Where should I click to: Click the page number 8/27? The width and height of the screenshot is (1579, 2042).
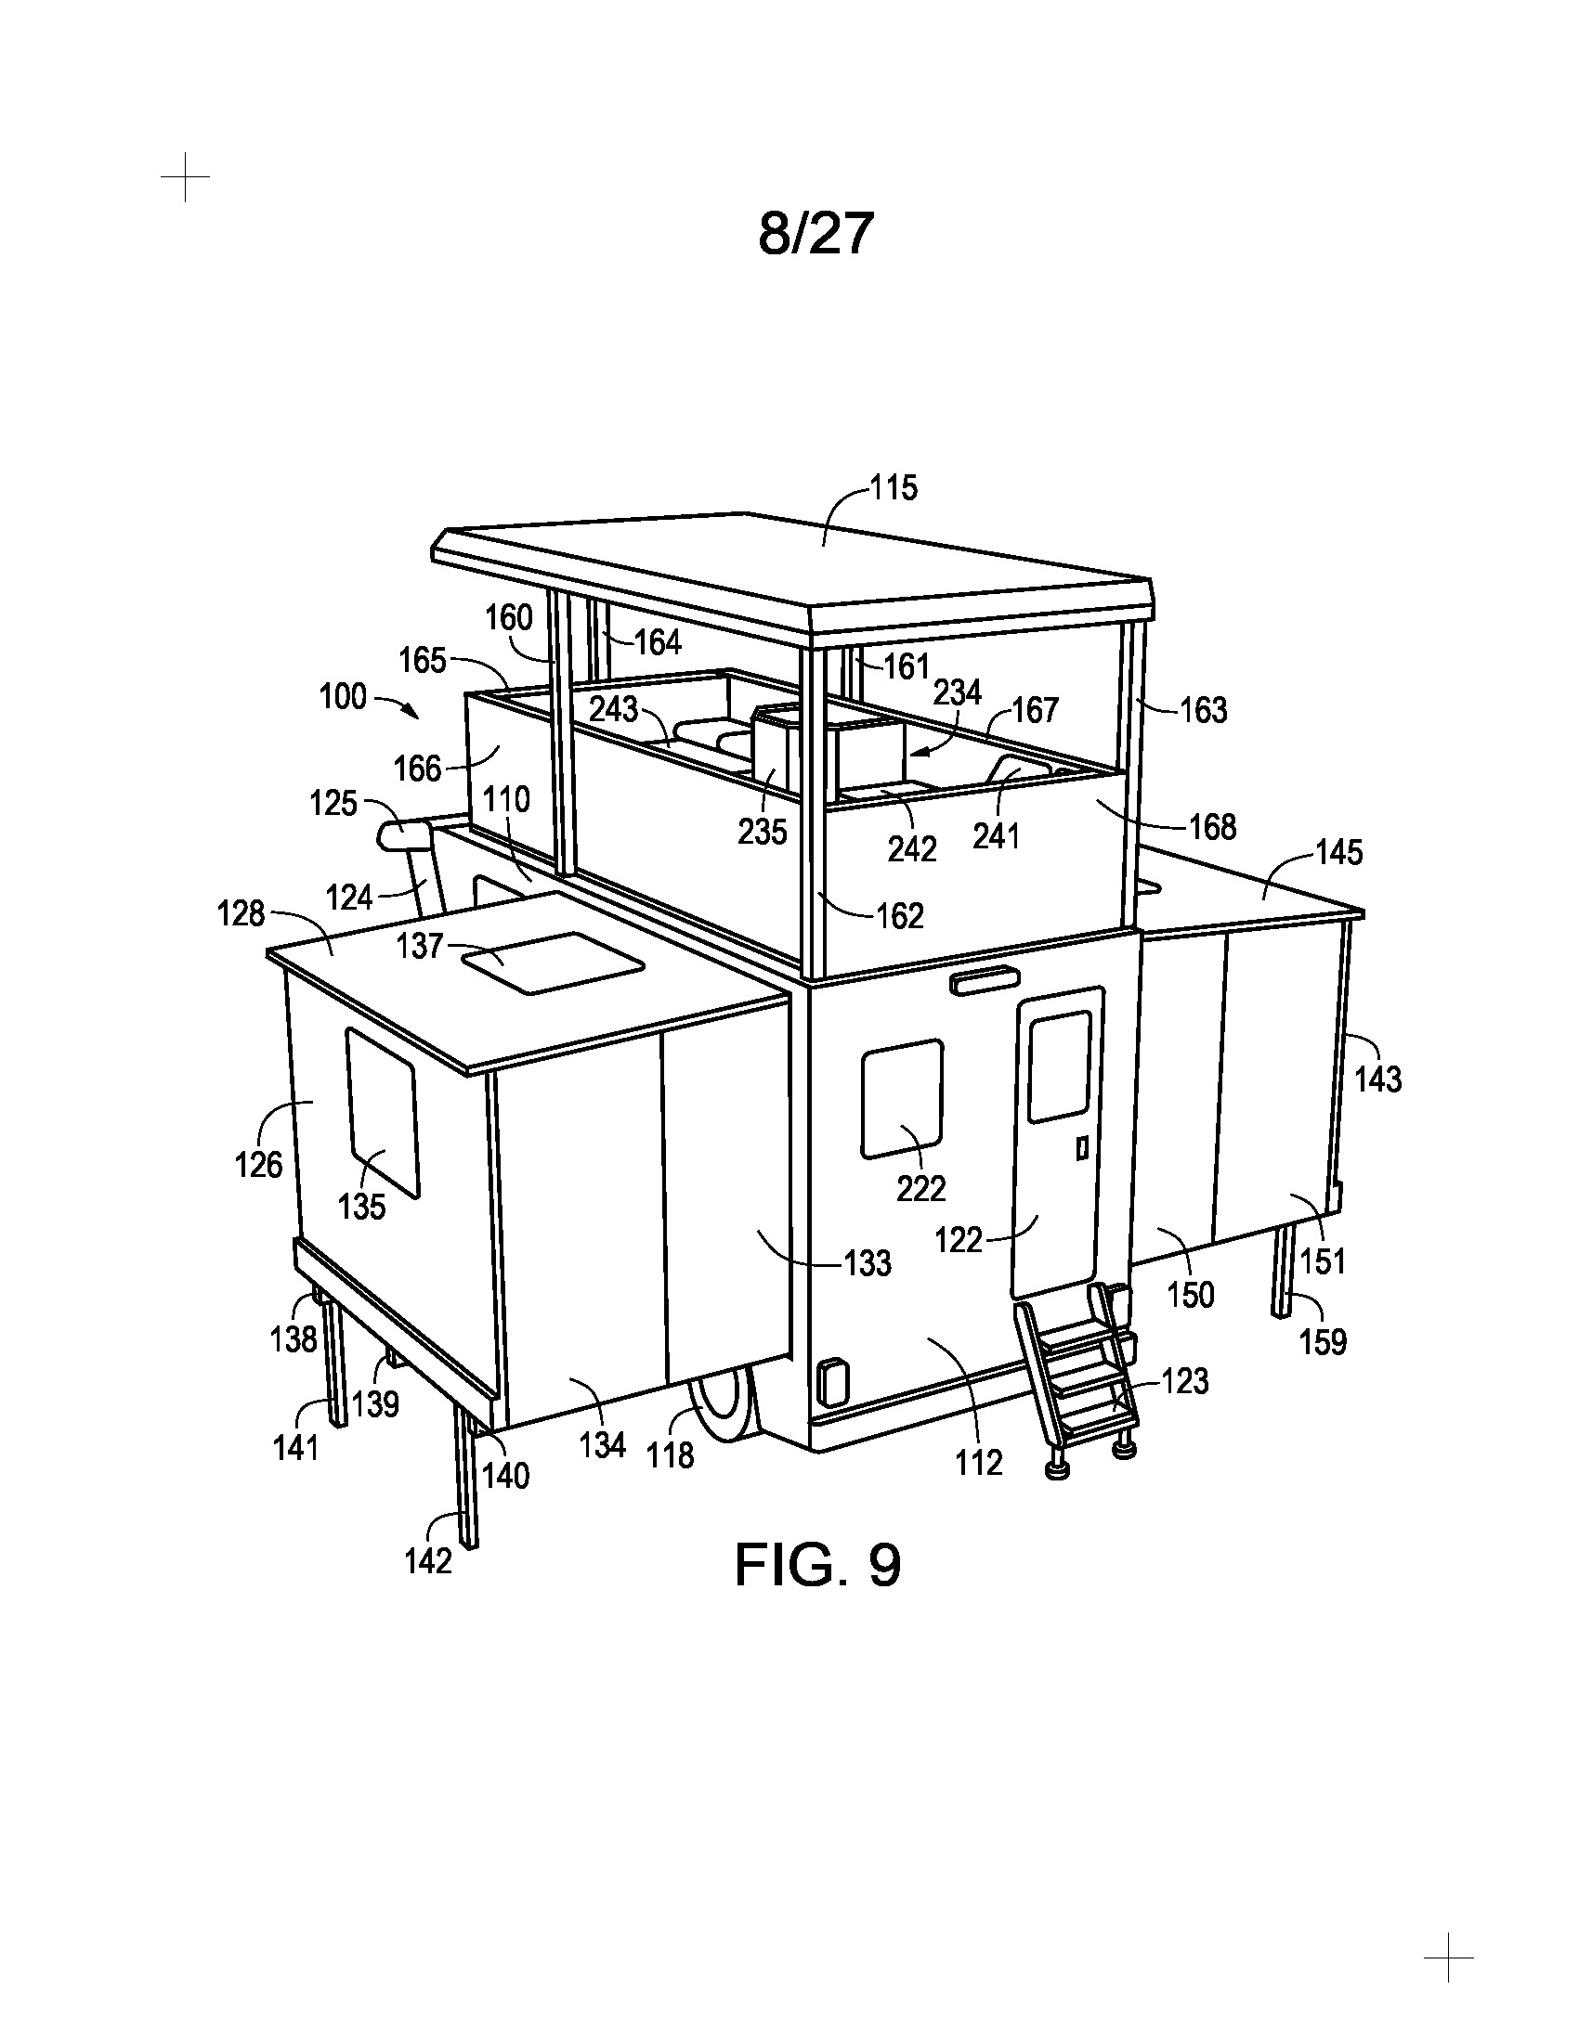pyautogui.click(x=816, y=233)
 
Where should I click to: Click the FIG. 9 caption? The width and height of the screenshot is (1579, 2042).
pyautogui.click(x=817, y=1564)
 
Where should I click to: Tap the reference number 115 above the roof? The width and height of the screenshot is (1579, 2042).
pyautogui.click(x=894, y=487)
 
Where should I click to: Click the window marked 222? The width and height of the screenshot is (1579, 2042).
pyautogui.click(x=902, y=1099)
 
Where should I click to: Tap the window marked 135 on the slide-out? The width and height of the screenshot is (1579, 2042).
pyautogui.click(x=382, y=1113)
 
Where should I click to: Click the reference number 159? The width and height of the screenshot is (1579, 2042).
pyautogui.click(x=1323, y=1342)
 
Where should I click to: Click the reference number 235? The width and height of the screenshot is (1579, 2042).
pyautogui.click(x=763, y=832)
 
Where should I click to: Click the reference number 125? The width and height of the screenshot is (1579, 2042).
pyautogui.click(x=334, y=803)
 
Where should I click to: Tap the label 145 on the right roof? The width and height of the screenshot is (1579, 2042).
pyautogui.click(x=1338, y=852)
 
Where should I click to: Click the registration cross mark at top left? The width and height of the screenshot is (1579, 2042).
pyautogui.click(x=185, y=176)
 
